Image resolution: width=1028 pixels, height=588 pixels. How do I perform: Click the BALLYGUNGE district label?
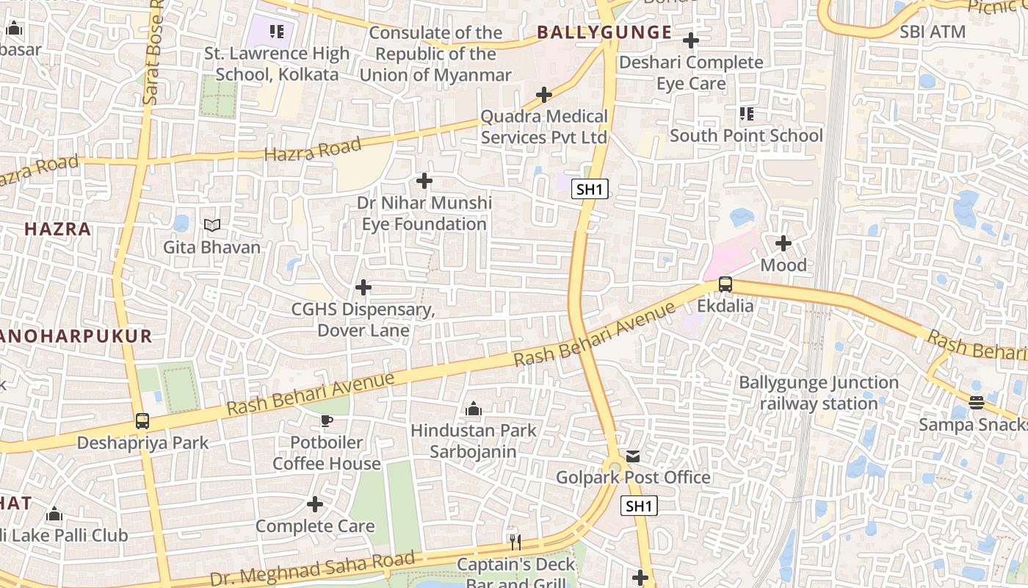(604, 32)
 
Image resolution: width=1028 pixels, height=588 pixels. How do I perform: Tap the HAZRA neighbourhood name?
(58, 229)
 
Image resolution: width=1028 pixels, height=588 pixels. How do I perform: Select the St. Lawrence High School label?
(277, 64)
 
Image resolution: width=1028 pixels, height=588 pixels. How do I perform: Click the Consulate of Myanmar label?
(435, 54)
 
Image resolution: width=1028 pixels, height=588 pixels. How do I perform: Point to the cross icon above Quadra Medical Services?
(543, 95)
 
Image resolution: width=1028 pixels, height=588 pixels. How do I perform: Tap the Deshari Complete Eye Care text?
(691, 73)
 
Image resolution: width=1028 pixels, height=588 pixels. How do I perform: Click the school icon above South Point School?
(746, 114)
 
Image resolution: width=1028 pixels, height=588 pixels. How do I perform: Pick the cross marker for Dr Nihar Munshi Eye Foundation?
(424, 181)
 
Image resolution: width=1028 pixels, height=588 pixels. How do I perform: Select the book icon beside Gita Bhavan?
(211, 226)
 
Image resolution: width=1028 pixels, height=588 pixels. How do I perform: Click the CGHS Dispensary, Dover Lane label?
(363, 320)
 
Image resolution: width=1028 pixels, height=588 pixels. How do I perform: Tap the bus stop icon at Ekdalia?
(725, 284)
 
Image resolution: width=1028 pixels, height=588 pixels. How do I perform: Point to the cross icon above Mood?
(783, 243)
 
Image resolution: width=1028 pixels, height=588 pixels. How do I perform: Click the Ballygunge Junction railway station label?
(818, 393)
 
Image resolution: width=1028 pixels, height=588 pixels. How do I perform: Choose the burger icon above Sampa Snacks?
(975, 403)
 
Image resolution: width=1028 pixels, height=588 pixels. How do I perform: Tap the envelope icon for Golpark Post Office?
(633, 456)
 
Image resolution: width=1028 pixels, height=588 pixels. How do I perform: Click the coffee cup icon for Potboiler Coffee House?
(326, 421)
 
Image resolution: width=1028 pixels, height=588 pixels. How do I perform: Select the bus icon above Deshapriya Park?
(142, 421)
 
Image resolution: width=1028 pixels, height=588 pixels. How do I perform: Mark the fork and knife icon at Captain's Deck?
(515, 542)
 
